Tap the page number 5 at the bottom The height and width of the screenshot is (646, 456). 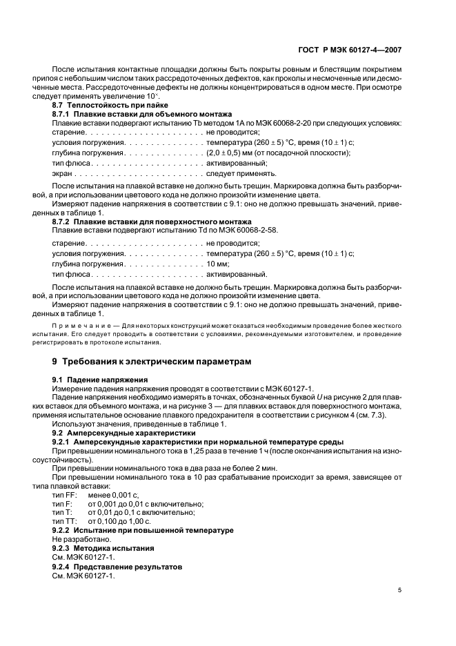tap(399, 590)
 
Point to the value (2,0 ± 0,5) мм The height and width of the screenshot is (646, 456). tap(232, 153)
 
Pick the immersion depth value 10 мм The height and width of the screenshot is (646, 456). tap(217, 264)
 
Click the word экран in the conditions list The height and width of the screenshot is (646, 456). tap(62, 173)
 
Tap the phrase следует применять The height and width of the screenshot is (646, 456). tap(241, 173)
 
